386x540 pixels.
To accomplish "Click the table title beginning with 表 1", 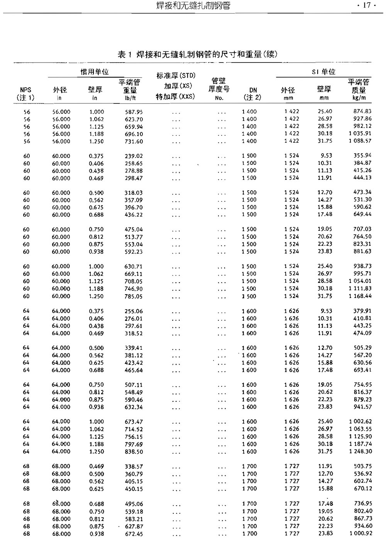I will point(197,54).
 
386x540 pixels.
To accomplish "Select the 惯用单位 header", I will point(95,72).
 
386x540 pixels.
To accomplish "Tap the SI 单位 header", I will point(323,72).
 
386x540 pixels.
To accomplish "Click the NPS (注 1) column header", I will point(26,94).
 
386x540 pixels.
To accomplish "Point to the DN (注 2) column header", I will point(253,94).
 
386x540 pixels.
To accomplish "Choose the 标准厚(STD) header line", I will point(176,76).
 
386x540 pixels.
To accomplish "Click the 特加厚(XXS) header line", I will point(175,96).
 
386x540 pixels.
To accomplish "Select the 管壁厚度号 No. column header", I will point(219,89).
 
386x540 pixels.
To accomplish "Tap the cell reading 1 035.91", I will point(360,134).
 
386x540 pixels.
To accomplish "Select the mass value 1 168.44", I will point(360,296).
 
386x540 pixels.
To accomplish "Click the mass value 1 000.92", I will point(360,533).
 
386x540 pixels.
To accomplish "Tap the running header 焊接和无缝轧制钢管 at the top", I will point(195,6).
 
